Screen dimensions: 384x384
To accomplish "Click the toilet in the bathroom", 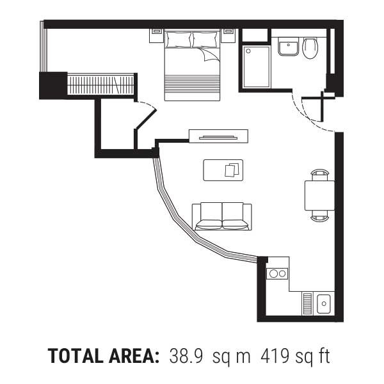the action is tap(310, 48).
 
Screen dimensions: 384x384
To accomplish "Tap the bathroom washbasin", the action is tap(288, 47).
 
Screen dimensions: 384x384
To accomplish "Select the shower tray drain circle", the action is tap(248, 51).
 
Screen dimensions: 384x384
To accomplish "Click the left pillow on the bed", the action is tap(179, 39).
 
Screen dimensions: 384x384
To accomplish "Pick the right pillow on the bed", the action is tap(205, 39).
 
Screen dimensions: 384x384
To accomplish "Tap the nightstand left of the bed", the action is tap(157, 36).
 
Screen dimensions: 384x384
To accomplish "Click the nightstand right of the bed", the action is tap(228, 36).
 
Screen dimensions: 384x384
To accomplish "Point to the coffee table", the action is tap(223, 170).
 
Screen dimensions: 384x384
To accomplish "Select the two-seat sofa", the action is tap(222, 216).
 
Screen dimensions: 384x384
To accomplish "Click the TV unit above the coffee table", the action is tap(218, 136).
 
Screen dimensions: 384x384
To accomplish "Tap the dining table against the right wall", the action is tap(319, 195).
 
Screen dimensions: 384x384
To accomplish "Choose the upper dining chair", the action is tap(319, 175).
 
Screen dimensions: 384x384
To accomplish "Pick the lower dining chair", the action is tap(319, 216).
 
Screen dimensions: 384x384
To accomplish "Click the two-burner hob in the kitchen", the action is tap(277, 273).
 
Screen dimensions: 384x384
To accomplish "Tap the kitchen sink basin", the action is tap(324, 303).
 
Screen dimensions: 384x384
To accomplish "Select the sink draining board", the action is tap(307, 303).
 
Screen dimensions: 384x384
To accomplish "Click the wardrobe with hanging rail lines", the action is tap(100, 84).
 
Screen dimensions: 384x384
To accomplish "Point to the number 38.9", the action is tap(186, 356).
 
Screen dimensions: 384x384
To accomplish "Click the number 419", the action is tap(275, 356).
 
